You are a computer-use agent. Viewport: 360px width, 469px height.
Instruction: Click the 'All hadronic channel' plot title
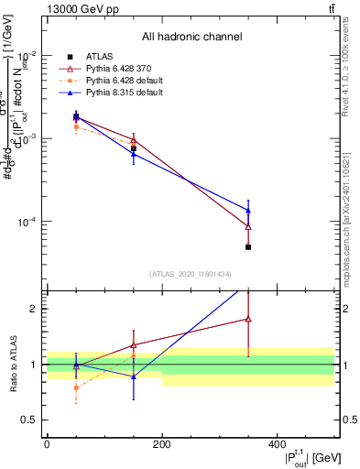(x=192, y=37)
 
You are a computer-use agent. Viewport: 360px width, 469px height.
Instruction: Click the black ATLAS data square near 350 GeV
(x=248, y=247)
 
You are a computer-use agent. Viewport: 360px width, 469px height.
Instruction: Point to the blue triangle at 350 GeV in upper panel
(x=248, y=211)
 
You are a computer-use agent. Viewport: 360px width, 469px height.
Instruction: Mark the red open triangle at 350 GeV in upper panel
(x=248, y=226)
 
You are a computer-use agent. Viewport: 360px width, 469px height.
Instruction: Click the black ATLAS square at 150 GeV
(x=134, y=148)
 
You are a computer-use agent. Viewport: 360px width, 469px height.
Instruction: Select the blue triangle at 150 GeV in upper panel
(x=134, y=154)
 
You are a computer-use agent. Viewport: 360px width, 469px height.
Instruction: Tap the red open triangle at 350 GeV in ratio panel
(x=248, y=319)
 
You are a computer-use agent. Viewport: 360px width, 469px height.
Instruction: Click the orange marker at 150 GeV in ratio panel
(x=134, y=355)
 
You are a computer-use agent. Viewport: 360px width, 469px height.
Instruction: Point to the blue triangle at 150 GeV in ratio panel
(x=134, y=376)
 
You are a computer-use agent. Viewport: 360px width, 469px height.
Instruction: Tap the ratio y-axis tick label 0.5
(x=32, y=420)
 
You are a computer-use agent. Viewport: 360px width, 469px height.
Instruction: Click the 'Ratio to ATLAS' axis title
(x=12, y=364)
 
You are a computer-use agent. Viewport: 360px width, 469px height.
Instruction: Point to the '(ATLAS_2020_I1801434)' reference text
(x=190, y=275)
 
